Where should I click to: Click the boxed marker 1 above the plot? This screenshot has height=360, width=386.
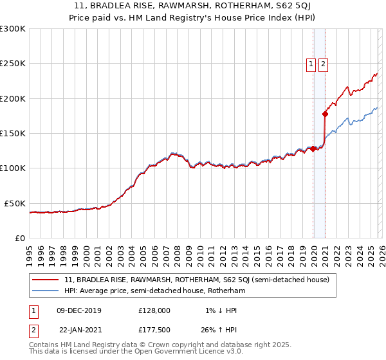(x=311, y=64)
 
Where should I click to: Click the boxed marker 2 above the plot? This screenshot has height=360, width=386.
(x=322, y=64)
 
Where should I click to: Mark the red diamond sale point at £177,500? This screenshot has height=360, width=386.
(x=326, y=114)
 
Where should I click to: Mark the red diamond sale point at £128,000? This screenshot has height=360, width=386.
(x=313, y=148)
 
